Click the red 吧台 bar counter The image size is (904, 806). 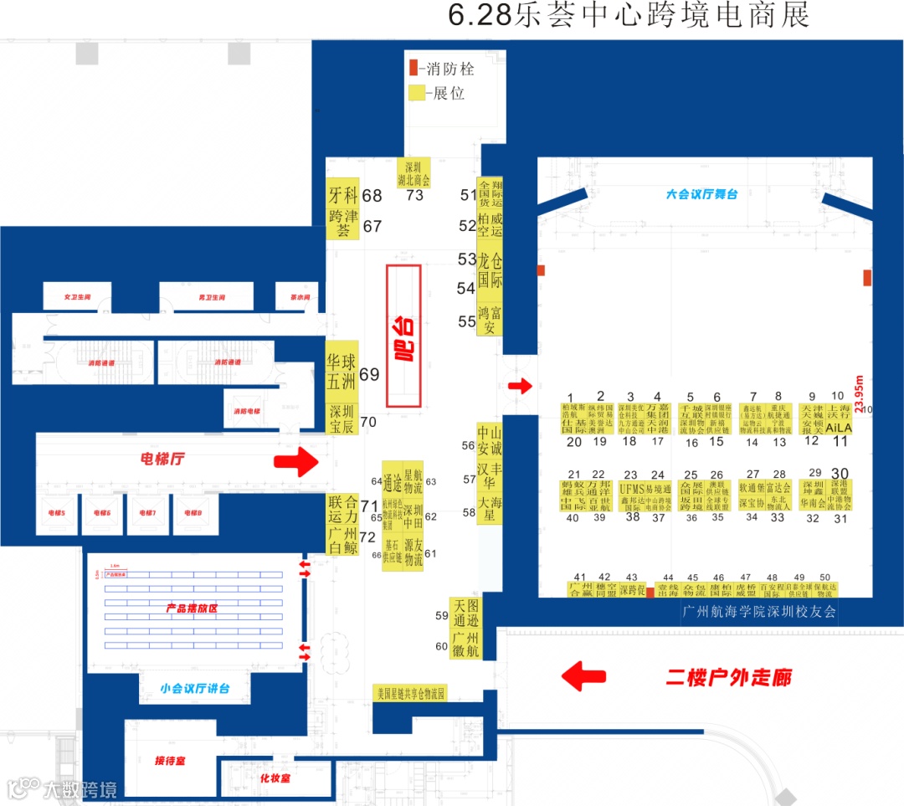click(403, 335)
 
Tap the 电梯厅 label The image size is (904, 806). click(163, 459)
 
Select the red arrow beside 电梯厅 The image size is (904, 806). click(297, 461)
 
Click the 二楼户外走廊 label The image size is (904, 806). click(728, 676)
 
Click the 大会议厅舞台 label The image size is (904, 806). click(701, 194)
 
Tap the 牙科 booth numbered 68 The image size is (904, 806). click(342, 195)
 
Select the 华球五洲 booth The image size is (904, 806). click(342, 373)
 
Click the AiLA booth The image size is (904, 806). click(837, 427)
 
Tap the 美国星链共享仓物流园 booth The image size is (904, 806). click(411, 693)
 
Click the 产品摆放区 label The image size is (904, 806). click(192, 609)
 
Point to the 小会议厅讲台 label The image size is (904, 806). click(195, 689)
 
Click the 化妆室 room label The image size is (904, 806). click(274, 778)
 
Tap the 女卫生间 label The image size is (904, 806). click(76, 297)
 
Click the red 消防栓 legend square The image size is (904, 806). click(413, 67)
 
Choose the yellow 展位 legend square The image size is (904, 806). click(415, 93)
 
